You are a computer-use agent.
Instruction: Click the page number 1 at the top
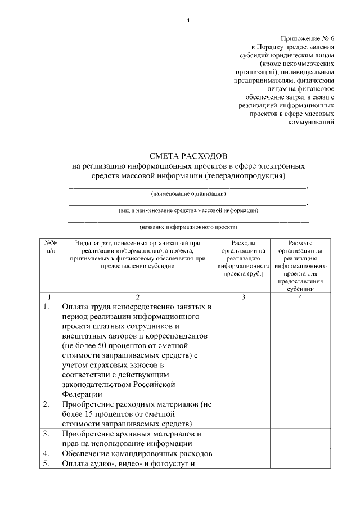click(189, 21)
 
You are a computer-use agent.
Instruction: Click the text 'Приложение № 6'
click(308, 38)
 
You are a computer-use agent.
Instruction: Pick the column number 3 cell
click(244, 296)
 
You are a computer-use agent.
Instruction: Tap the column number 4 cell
click(300, 296)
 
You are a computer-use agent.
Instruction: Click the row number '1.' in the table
click(46, 307)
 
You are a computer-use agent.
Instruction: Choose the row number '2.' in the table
click(46, 404)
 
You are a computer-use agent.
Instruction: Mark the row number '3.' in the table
click(46, 433)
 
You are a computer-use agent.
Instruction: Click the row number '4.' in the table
click(46, 453)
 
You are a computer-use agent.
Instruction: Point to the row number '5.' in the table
click(46, 463)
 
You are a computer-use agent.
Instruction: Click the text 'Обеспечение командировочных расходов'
click(137, 453)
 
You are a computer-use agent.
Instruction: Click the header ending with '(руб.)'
click(244, 258)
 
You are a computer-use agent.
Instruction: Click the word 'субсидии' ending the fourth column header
click(300, 289)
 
